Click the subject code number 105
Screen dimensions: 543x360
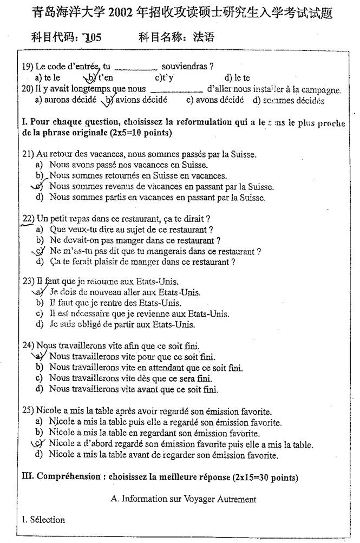click(x=90, y=37)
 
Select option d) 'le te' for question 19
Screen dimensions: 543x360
click(x=238, y=78)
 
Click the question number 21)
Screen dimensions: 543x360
click(x=29, y=154)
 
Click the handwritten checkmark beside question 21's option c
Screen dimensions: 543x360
click(x=37, y=186)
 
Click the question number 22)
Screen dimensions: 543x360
click(x=29, y=219)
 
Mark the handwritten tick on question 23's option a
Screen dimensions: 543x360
click(x=38, y=292)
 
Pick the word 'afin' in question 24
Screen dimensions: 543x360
click(x=139, y=346)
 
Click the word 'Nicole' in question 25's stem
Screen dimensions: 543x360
click(x=49, y=412)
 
